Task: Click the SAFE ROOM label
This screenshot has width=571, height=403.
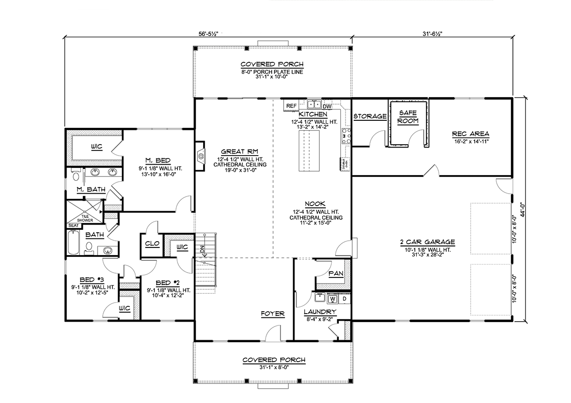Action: (x=408, y=117)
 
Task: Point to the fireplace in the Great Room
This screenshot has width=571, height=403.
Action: (x=200, y=155)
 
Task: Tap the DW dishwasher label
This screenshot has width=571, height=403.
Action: (x=327, y=107)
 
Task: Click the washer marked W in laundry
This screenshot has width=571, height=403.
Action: (x=333, y=299)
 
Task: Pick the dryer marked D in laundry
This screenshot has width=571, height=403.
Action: (x=345, y=299)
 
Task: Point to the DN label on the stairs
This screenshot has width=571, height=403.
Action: (x=202, y=248)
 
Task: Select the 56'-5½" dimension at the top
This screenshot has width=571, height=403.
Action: (x=208, y=34)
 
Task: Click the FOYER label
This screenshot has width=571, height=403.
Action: (x=272, y=314)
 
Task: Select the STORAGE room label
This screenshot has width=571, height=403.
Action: (x=370, y=116)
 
